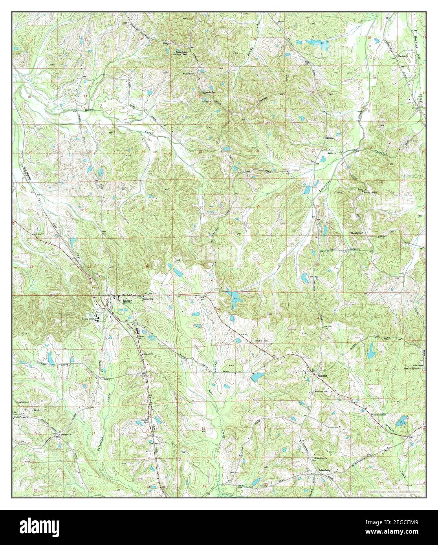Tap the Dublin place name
click(323, 375)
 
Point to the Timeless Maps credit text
click(396, 491)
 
